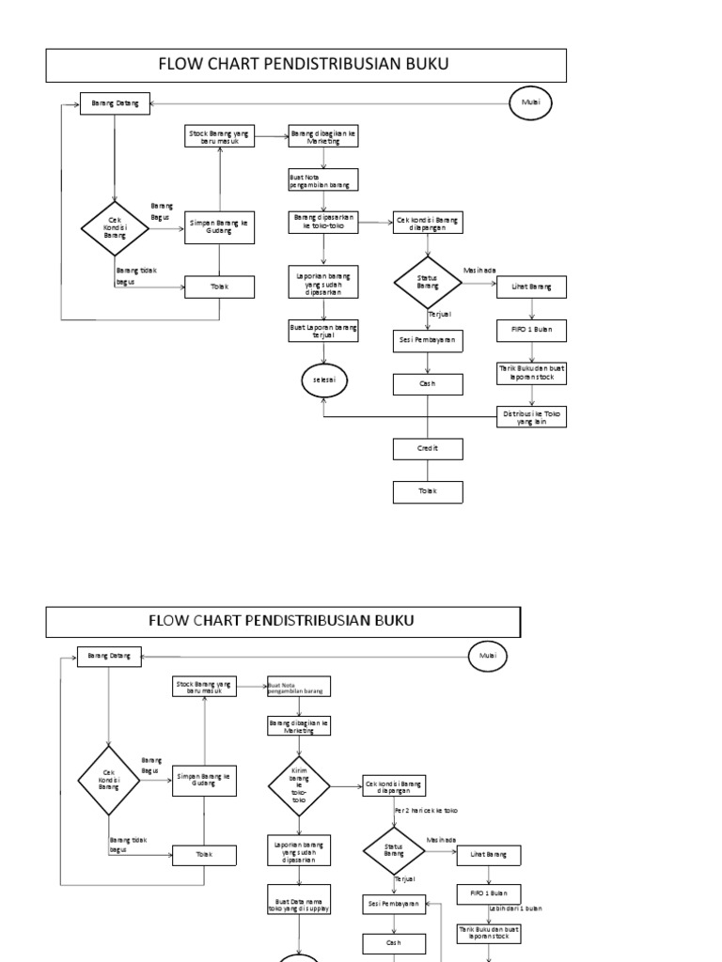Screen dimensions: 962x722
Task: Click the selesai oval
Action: click(x=323, y=380)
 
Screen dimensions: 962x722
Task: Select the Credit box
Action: click(x=428, y=450)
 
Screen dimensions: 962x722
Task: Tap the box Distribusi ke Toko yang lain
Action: click(x=532, y=417)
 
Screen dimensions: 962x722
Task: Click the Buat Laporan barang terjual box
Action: click(x=323, y=331)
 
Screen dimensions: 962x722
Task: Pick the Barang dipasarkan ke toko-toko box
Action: click(x=323, y=222)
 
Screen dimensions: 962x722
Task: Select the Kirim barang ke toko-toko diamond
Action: click(x=299, y=785)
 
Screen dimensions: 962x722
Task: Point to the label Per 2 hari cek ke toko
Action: click(x=426, y=809)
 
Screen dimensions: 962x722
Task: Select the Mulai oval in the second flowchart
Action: click(x=488, y=655)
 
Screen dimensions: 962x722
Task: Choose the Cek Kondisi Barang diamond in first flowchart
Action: click(x=114, y=226)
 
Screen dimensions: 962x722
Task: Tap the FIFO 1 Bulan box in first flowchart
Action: click(x=532, y=331)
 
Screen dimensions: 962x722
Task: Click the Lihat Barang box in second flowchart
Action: click(x=489, y=855)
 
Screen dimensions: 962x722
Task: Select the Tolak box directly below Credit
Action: click(x=428, y=490)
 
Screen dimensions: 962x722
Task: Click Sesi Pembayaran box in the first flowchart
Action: click(x=428, y=341)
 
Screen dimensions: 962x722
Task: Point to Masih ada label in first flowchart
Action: click(x=479, y=270)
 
